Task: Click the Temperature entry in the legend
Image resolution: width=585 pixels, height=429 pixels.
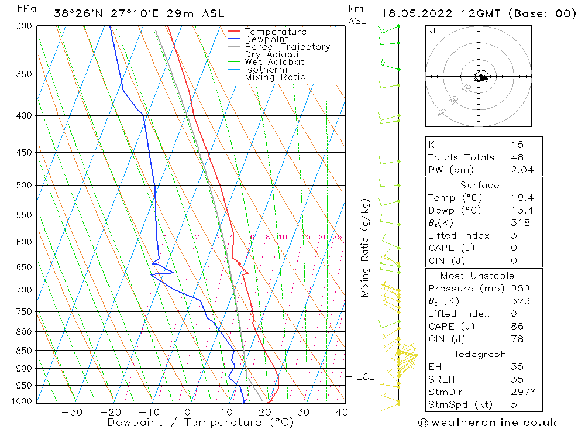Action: [275, 32]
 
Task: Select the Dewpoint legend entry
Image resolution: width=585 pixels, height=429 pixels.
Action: [266, 39]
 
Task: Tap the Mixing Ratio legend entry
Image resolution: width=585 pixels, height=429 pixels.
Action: [275, 77]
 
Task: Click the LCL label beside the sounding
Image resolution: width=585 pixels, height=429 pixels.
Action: [364, 377]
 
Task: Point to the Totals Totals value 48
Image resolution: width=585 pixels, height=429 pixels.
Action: [517, 157]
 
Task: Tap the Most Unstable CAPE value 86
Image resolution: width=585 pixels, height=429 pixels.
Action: [517, 327]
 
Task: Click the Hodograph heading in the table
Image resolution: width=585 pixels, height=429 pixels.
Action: [479, 354]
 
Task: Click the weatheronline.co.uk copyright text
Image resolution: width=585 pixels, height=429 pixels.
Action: [488, 423]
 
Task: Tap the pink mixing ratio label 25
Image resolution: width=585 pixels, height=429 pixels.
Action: [337, 237]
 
